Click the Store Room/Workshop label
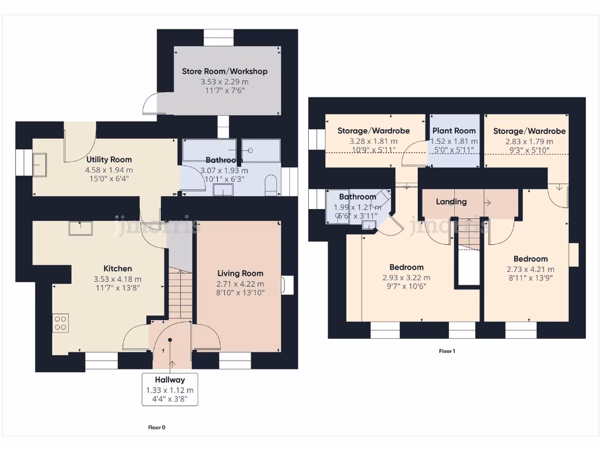224,71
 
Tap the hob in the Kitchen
60,322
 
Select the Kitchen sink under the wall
80,227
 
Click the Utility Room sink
40,164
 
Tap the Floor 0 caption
156,428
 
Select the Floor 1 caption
447,351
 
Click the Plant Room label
454,130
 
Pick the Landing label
451,201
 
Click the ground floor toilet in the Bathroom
271,185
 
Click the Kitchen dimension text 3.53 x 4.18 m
117,279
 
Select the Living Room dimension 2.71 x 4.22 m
240,283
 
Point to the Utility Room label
109,159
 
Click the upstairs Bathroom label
357,197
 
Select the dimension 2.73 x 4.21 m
530,270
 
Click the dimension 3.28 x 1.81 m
373,141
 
